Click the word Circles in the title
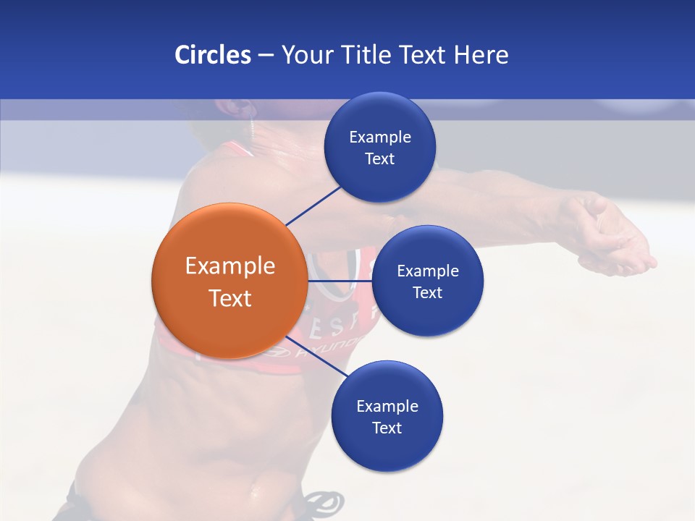[x=212, y=55]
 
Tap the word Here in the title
[x=481, y=55]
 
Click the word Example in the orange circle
[x=230, y=266]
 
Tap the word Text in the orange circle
[x=230, y=298]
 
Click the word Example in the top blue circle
[x=380, y=137]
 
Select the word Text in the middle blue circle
[x=427, y=293]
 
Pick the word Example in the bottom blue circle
[x=387, y=407]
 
